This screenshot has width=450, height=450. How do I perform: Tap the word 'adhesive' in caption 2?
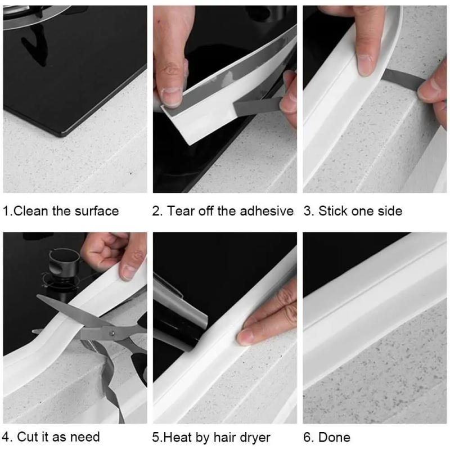point(267,211)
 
